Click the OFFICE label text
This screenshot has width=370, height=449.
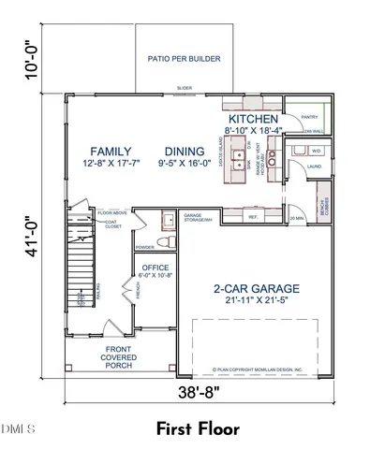click(155, 268)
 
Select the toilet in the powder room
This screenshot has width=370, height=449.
click(165, 242)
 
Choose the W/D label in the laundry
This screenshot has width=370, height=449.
click(315, 150)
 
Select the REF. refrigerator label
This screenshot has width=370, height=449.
click(253, 217)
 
